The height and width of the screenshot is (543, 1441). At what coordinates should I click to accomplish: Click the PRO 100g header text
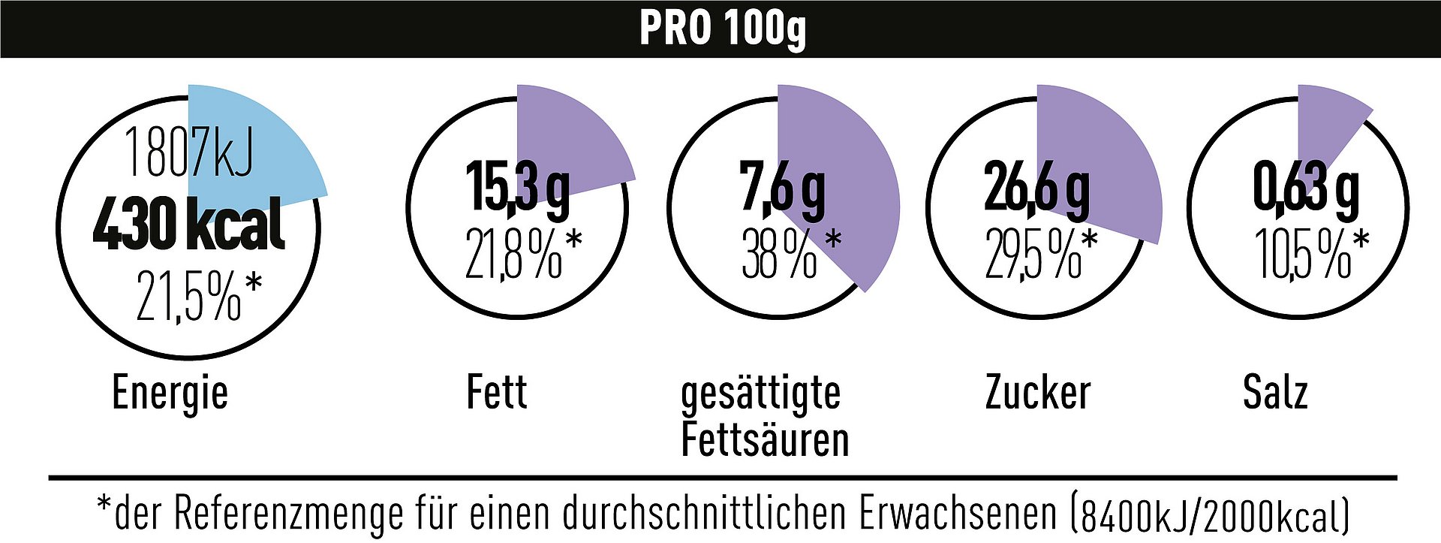(722, 29)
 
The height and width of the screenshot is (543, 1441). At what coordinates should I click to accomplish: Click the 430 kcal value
(189, 224)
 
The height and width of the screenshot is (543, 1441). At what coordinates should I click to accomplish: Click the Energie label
(170, 393)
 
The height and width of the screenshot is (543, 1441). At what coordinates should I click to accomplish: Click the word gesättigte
(760, 394)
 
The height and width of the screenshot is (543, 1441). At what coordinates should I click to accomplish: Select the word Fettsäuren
(764, 439)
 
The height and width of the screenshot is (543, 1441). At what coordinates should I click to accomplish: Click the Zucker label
(1037, 392)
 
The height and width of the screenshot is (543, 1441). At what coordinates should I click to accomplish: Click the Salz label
(1275, 392)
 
